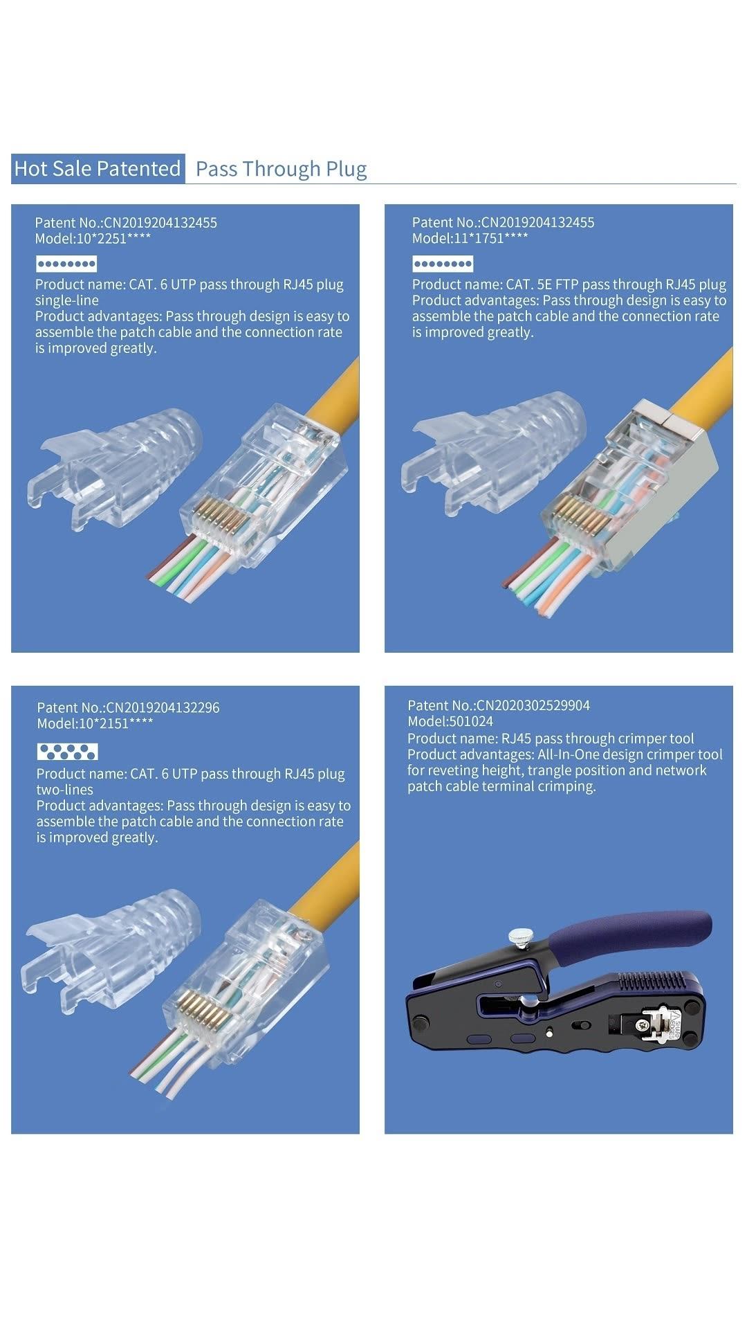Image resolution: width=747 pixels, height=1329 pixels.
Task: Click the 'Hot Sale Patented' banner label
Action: click(98, 169)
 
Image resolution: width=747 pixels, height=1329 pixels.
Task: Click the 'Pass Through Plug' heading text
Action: click(281, 169)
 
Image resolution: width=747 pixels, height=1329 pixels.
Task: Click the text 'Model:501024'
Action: click(450, 721)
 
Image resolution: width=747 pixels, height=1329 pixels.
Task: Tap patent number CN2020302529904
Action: click(533, 705)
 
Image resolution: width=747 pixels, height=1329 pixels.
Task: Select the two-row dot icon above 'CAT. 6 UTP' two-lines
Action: click(67, 752)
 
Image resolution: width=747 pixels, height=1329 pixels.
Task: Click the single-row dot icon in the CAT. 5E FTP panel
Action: click(443, 264)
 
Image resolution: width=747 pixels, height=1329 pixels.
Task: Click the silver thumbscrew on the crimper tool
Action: click(518, 937)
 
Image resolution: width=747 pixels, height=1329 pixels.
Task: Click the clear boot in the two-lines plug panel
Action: click(111, 948)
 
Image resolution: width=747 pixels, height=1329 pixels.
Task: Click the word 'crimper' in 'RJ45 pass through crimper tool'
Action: click(632, 739)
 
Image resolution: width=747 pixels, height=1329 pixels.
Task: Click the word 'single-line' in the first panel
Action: click(67, 300)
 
